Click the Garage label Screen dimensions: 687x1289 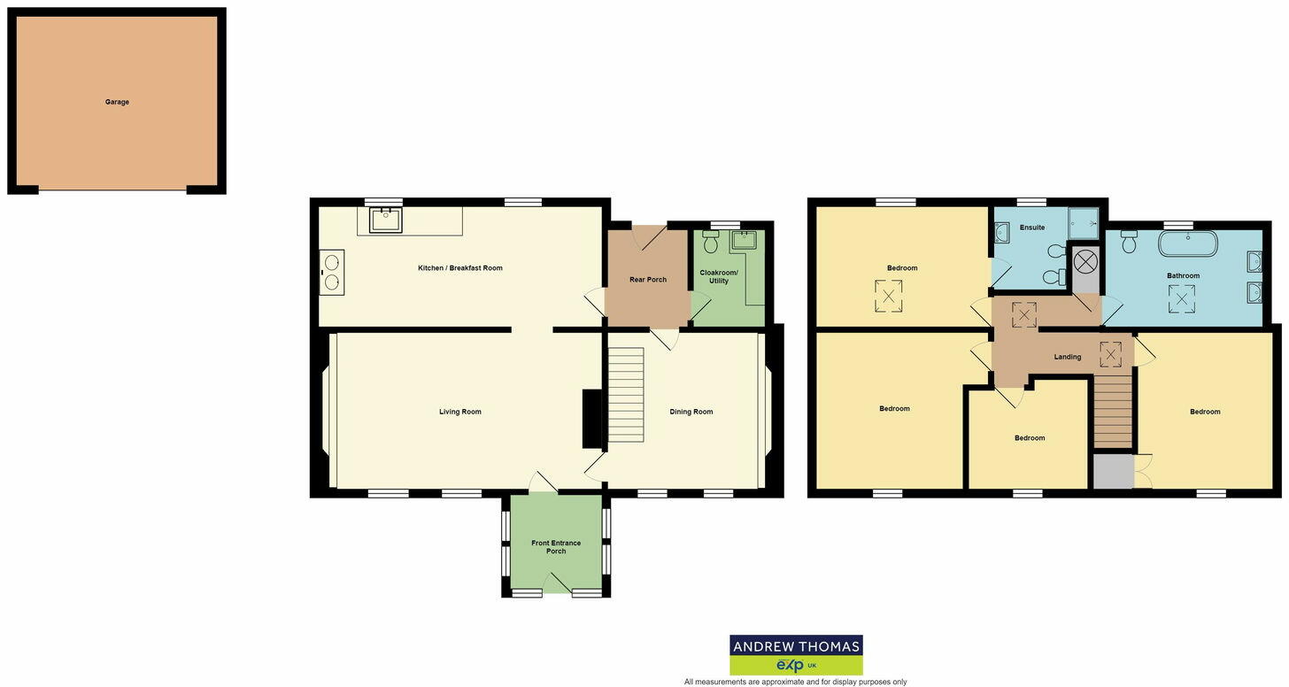click(x=117, y=102)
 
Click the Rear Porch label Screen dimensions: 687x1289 click(x=648, y=280)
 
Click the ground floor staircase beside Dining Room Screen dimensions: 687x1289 click(x=625, y=394)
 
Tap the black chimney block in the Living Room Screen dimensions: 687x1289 click(x=590, y=419)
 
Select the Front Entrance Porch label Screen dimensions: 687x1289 click(x=556, y=547)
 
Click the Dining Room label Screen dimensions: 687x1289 click(x=691, y=412)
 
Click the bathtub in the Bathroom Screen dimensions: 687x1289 click(x=1188, y=244)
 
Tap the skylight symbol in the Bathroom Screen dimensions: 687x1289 click(x=1182, y=299)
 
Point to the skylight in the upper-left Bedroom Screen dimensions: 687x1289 click(x=888, y=295)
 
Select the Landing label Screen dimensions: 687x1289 click(x=1068, y=357)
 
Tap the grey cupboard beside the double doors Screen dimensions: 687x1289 click(x=1113, y=471)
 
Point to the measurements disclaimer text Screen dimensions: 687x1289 click(x=795, y=682)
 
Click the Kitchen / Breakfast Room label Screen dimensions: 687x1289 click(x=460, y=267)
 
